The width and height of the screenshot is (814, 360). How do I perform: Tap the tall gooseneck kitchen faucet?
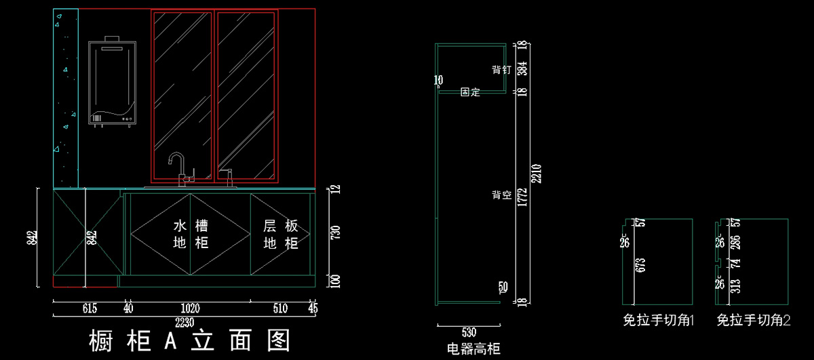178,168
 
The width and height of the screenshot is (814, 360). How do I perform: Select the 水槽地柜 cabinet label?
191,234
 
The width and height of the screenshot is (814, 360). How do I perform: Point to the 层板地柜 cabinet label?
281,234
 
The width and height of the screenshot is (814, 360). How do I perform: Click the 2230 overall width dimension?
184,321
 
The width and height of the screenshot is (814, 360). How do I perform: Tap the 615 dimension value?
90,309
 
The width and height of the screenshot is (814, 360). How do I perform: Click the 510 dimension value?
280,309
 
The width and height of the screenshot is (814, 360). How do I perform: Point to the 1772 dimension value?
521,195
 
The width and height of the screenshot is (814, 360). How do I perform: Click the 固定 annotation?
470,92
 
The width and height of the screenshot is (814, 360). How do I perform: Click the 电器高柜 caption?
473,349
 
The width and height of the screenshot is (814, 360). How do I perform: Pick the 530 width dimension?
469,332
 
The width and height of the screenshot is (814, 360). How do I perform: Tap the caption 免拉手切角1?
659,320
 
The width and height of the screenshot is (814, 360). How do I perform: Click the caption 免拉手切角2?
754,320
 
